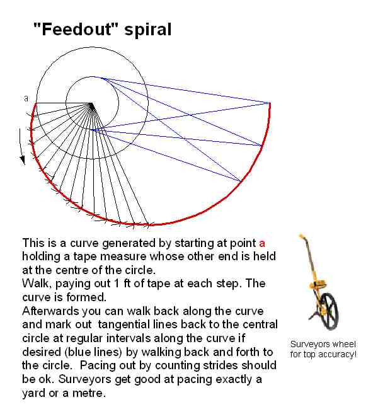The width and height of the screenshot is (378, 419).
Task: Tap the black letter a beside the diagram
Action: pyautogui.click(x=26, y=98)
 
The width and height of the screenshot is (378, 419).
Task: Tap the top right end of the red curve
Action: pyautogui.click(x=270, y=103)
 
